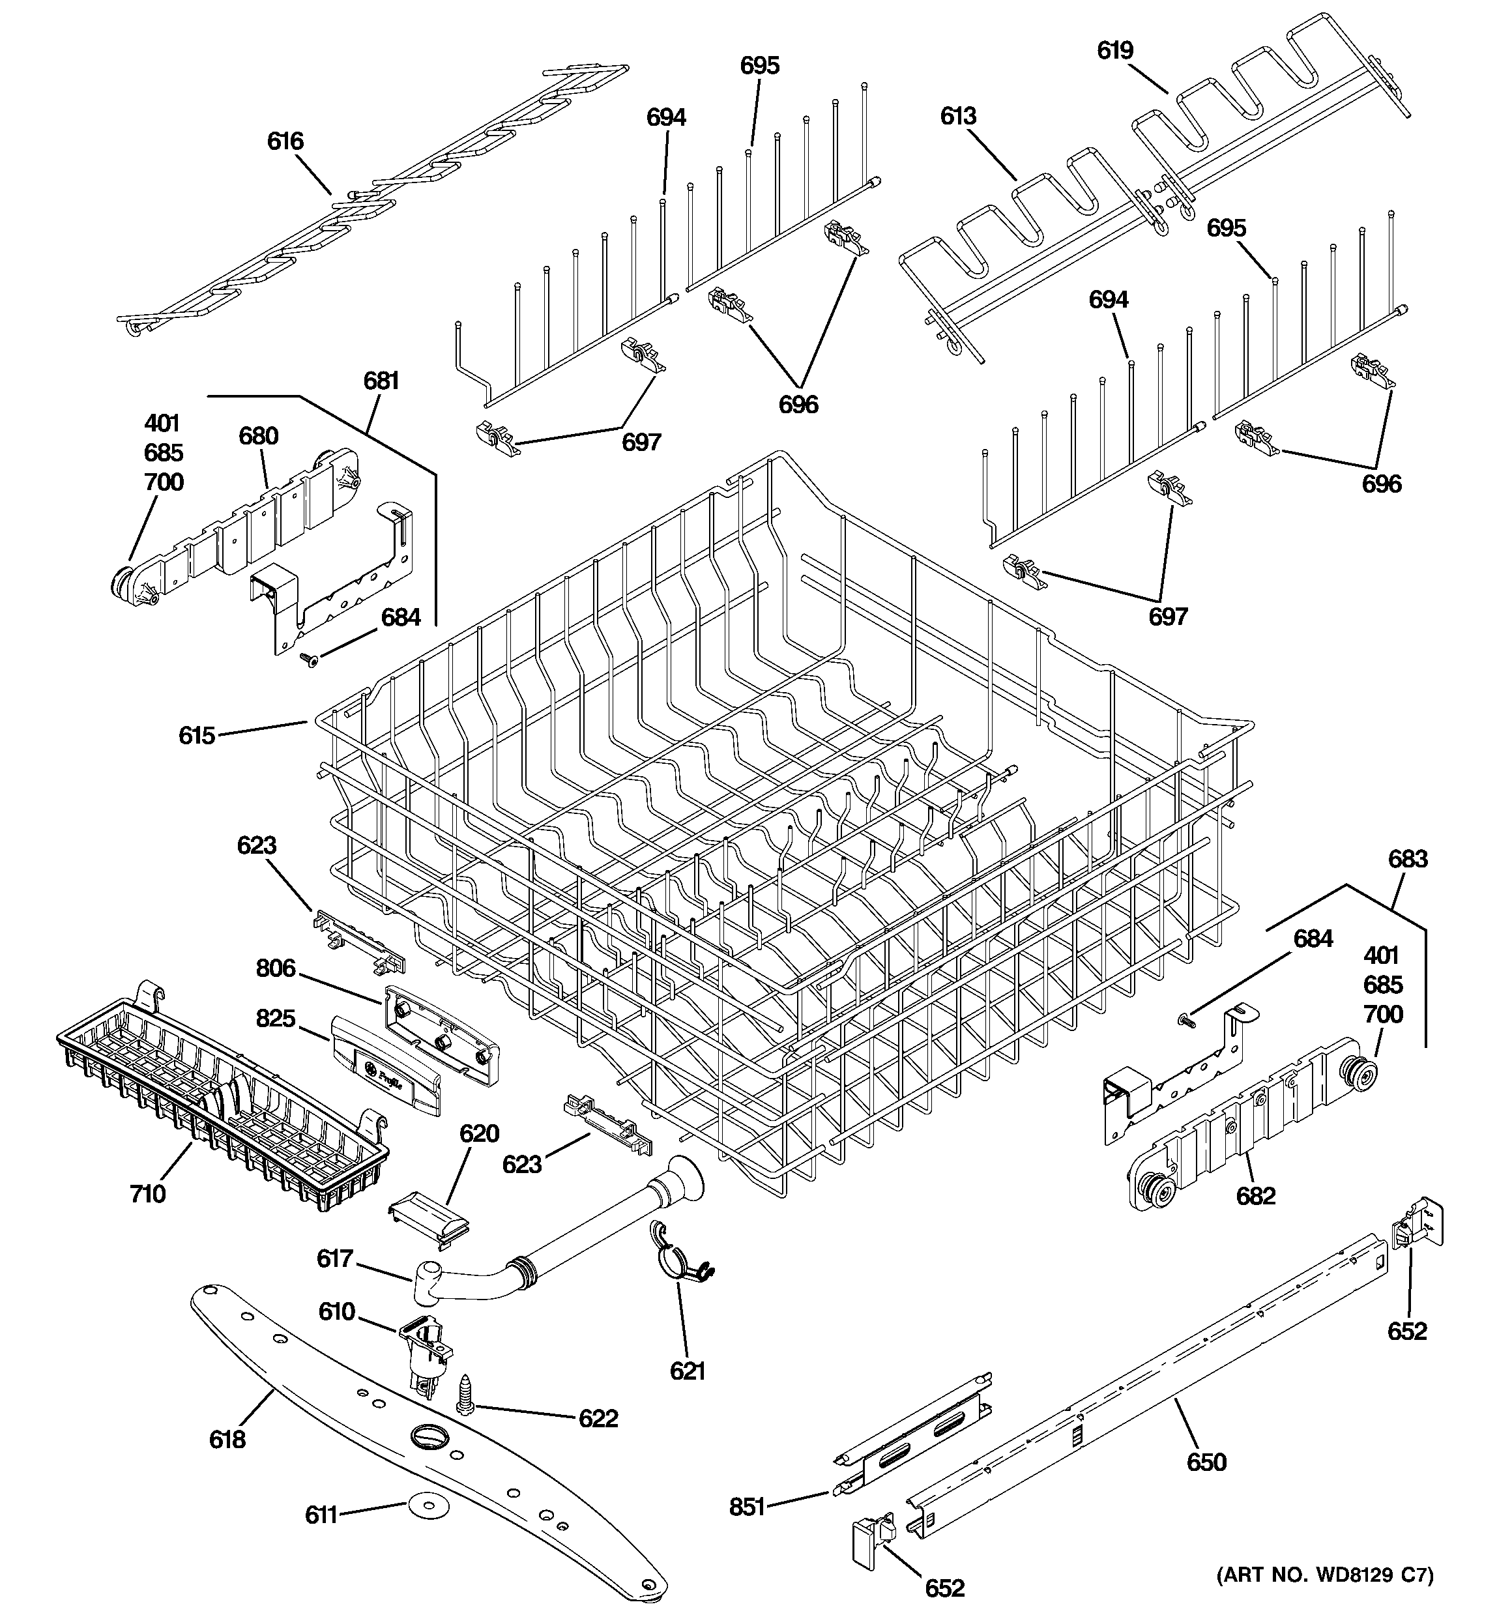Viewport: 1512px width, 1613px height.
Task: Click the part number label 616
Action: click(x=285, y=141)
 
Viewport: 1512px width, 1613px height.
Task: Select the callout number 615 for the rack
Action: click(x=196, y=736)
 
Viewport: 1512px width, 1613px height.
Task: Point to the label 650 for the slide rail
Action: click(x=1206, y=1462)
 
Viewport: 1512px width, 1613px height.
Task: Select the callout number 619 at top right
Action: click(x=1114, y=50)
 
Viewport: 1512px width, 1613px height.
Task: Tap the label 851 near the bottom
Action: click(x=747, y=1507)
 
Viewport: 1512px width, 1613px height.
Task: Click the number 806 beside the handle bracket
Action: click(x=276, y=968)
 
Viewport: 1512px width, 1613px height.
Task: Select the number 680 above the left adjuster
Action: click(x=258, y=436)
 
